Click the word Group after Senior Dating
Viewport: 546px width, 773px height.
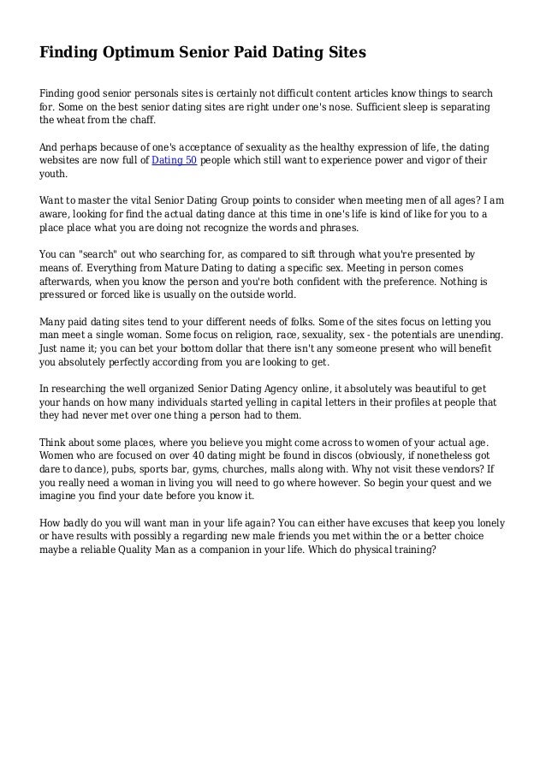coord(252,200)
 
